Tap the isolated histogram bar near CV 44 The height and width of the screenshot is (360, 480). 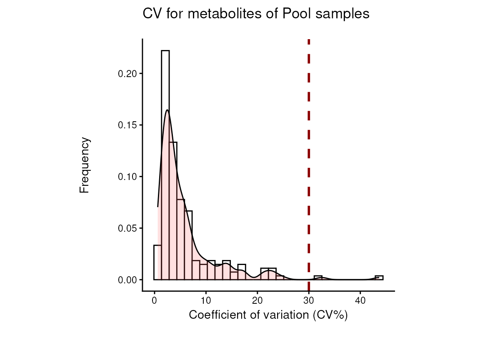[379, 277]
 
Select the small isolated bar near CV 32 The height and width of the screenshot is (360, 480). [318, 277]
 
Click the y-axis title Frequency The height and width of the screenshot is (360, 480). [85, 165]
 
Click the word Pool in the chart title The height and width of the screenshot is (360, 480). [296, 14]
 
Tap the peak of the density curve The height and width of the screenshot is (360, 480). [167, 110]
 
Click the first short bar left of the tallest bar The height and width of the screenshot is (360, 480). [157, 262]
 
